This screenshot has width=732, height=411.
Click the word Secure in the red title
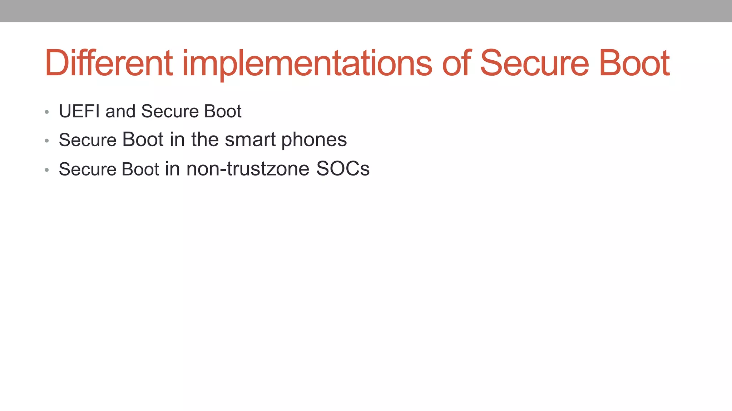534,63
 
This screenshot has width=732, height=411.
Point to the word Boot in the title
634,63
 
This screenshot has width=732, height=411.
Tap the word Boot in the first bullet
223,111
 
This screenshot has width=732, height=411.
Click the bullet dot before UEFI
47,112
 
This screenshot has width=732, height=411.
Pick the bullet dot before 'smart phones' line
47,141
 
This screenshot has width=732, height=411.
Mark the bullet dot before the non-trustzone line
47,170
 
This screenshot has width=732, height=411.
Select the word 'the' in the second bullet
205,139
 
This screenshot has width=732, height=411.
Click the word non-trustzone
248,169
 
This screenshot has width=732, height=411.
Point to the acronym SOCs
343,169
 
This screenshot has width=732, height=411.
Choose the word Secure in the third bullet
88,169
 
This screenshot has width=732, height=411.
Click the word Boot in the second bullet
143,139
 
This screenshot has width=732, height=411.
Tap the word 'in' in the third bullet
172,169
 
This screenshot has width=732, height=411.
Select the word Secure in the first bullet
170,111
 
